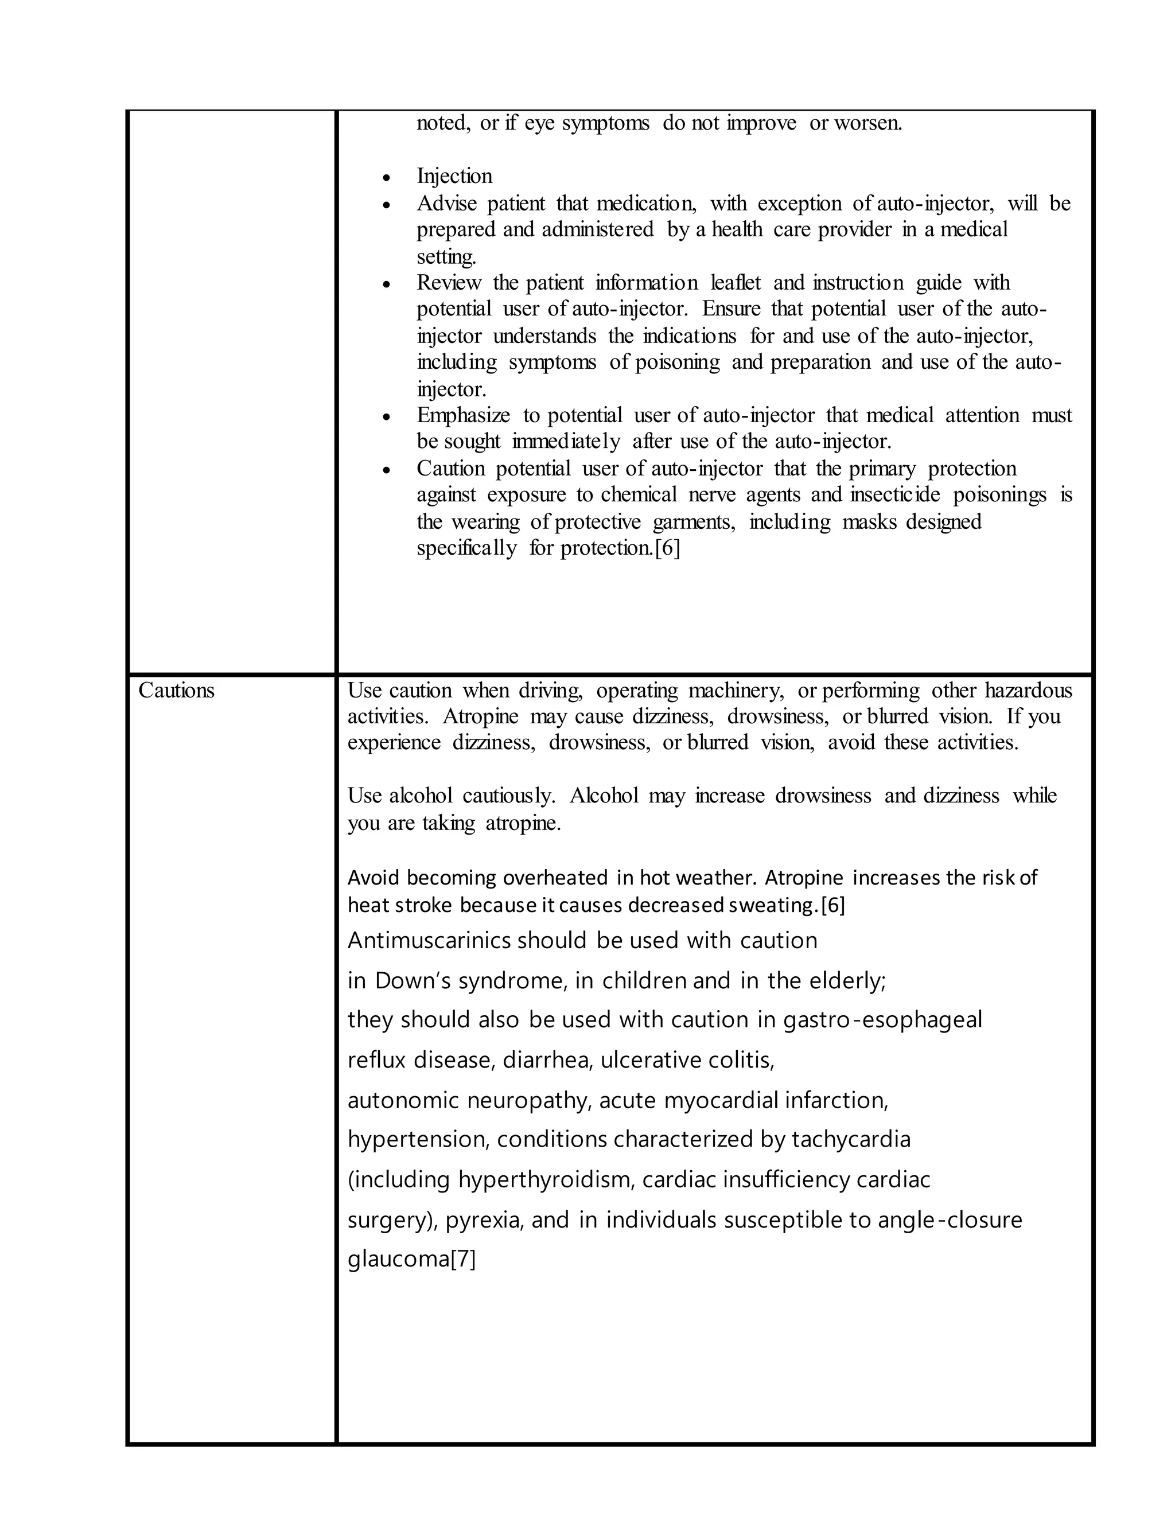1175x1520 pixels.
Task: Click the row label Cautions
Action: [176, 691]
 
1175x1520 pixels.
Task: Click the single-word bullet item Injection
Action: [454, 176]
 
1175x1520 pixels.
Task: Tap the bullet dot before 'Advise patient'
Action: [387, 205]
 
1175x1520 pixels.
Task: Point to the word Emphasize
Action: [463, 415]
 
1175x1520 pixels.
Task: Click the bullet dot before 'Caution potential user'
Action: [387, 470]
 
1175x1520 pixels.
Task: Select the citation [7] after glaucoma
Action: [463, 1259]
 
